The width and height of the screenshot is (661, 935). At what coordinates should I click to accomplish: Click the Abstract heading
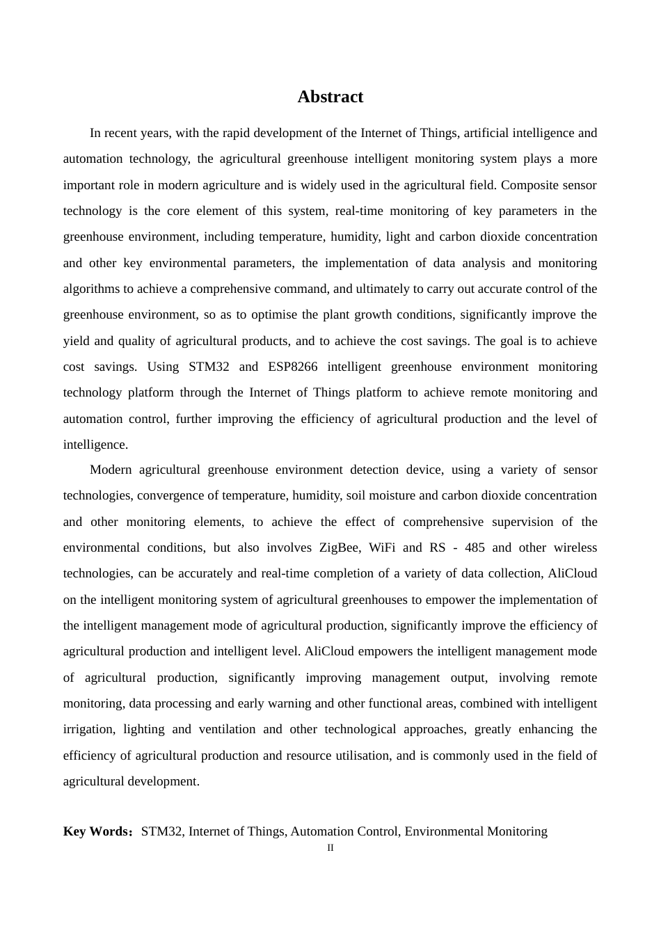coord(330,97)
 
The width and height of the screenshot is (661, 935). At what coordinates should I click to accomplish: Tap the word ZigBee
coord(340,548)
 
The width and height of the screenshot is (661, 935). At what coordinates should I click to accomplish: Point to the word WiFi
coord(382,548)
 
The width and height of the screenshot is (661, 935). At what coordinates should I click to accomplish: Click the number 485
coord(475,548)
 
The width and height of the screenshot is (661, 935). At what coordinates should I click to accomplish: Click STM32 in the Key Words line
coord(161,831)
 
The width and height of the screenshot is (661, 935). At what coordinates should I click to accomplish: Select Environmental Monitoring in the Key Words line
coord(476,831)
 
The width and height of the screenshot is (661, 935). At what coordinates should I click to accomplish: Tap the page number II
coord(330,848)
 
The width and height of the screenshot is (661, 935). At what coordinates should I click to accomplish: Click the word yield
coord(76,341)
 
